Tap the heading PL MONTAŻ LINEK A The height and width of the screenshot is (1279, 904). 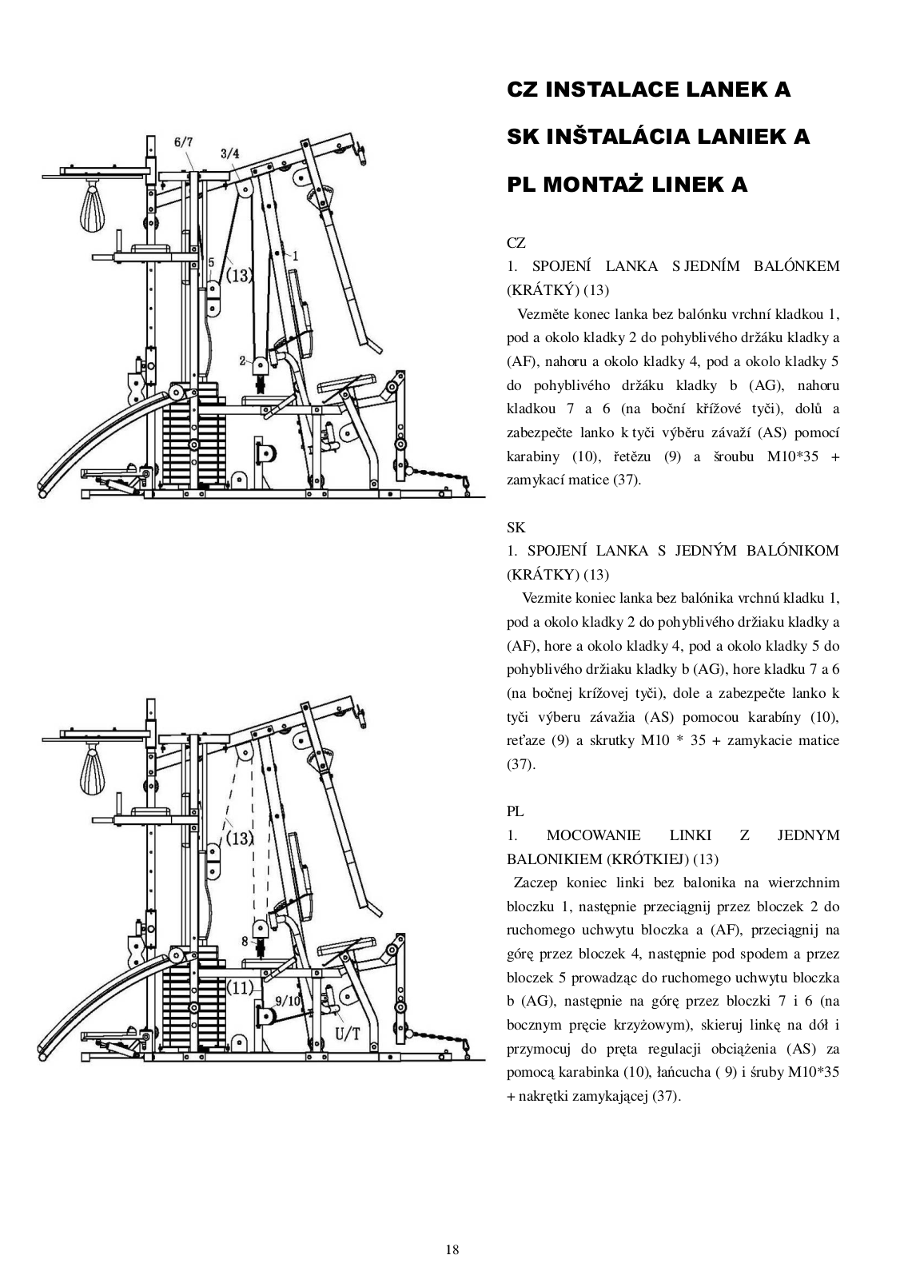point(627,185)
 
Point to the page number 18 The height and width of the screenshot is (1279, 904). point(452,1249)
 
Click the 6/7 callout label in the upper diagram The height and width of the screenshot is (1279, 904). point(183,142)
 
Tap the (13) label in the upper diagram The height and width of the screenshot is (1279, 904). point(238,276)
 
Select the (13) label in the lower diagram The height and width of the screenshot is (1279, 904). point(238,838)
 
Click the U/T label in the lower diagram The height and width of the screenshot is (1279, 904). point(347,1034)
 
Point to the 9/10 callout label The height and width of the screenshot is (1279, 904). point(287,1000)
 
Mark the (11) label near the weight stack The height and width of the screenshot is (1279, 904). point(240,987)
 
